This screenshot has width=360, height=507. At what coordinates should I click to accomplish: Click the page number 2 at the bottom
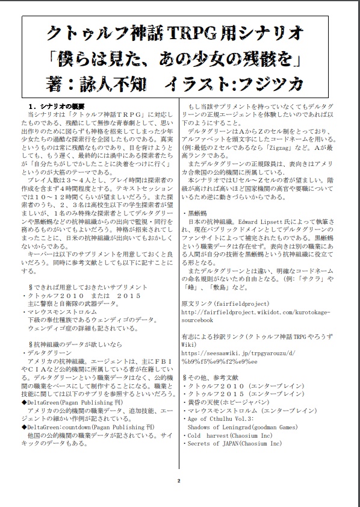coord(179,481)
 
